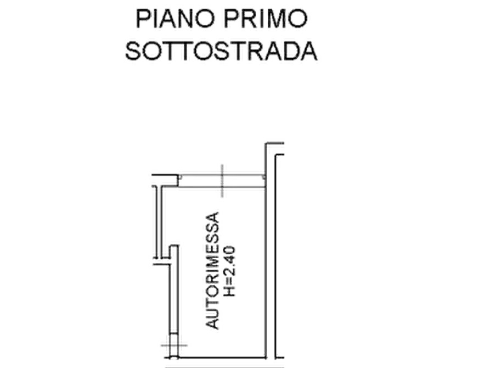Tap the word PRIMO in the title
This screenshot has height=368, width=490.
coord(266,19)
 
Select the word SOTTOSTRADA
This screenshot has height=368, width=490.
coord(222,51)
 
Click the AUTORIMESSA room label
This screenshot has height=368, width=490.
coord(213,270)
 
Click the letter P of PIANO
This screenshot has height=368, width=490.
coord(143,19)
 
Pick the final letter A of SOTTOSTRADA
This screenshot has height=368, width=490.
coord(309,51)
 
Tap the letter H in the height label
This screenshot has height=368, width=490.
coord(229,292)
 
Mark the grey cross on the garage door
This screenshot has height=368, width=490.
coord(222,181)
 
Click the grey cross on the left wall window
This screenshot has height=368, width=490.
coord(174,345)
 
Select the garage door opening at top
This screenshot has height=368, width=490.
coord(222,181)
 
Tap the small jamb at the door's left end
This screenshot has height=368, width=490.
coord(180,177)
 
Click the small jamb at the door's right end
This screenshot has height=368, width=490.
coord(264,177)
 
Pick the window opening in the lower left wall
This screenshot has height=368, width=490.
coord(174,346)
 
